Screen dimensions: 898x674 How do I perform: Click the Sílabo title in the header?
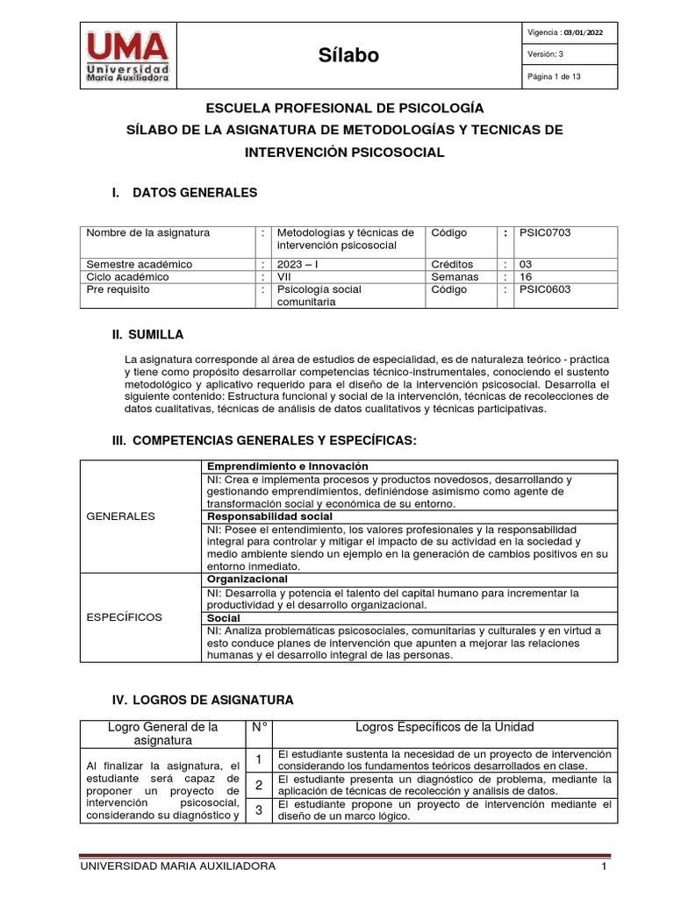click(348, 55)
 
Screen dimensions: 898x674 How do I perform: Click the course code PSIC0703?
click(545, 233)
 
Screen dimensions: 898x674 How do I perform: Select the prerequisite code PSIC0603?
click(545, 289)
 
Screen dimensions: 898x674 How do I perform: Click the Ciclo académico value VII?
click(286, 276)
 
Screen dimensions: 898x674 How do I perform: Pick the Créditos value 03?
click(527, 264)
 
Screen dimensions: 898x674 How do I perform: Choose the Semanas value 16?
click(527, 276)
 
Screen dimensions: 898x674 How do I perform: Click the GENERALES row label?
click(121, 517)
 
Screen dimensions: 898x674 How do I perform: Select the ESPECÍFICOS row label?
click(125, 617)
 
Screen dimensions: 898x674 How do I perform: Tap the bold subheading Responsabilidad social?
click(269, 517)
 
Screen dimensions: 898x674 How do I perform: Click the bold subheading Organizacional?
click(247, 580)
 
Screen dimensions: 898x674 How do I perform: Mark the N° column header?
click(259, 727)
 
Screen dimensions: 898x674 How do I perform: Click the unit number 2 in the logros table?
click(259, 785)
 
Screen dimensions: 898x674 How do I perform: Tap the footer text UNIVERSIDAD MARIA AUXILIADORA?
click(177, 866)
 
